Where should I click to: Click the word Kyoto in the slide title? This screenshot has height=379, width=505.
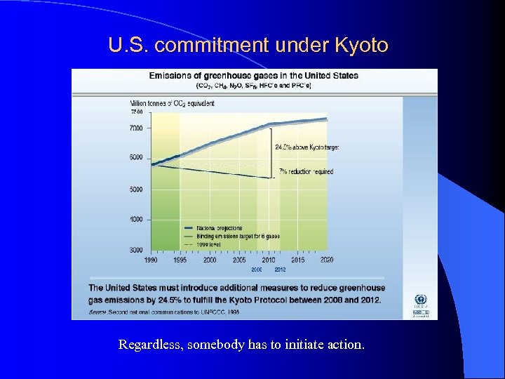[x=361, y=46]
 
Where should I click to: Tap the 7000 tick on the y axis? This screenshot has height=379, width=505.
[x=135, y=128]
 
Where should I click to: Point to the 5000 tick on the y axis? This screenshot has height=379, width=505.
[x=135, y=189]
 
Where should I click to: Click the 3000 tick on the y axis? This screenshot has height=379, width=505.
[x=135, y=250]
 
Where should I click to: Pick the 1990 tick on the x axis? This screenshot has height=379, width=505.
[x=151, y=260]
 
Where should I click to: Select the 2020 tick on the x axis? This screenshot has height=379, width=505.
[x=326, y=260]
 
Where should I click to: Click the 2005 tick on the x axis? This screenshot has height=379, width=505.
[x=239, y=260]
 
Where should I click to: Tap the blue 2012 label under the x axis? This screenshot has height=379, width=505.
[x=280, y=269]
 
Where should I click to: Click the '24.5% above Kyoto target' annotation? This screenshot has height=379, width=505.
[x=307, y=147]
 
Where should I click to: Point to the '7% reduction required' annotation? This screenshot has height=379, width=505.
[x=306, y=171]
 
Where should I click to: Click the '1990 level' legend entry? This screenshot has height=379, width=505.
[x=212, y=244]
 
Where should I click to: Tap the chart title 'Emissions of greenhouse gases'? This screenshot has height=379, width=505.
[x=253, y=76]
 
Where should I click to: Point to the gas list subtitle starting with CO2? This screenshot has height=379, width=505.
[x=254, y=86]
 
